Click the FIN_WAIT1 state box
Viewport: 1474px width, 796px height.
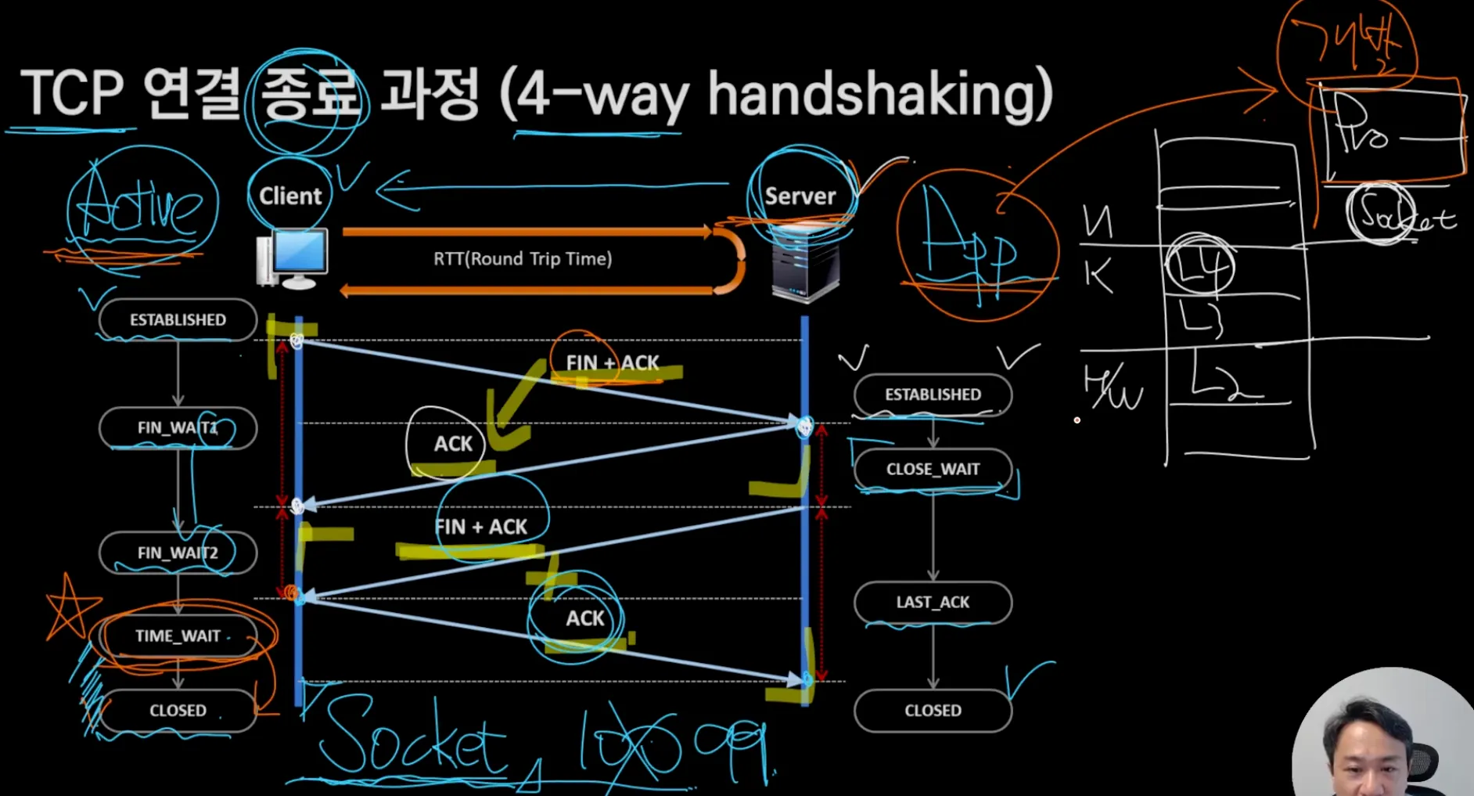(x=178, y=428)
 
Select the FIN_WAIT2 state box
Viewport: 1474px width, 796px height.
(x=178, y=553)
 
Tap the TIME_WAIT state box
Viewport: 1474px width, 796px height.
(x=178, y=636)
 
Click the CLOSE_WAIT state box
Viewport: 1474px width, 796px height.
(x=933, y=469)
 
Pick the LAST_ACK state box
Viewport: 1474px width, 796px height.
(x=933, y=602)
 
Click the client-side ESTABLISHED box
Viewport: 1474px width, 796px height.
(x=178, y=319)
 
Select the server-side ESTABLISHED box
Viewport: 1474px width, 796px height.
(x=933, y=394)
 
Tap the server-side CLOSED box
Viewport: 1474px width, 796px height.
(x=933, y=711)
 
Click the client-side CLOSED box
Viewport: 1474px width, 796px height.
(x=178, y=711)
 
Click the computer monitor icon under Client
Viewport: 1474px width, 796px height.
(x=293, y=259)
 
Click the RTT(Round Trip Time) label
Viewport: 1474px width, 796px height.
(x=523, y=259)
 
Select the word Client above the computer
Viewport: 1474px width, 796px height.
(x=290, y=196)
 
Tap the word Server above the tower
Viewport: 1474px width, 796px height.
(x=800, y=196)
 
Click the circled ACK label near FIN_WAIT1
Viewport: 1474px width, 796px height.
(x=453, y=444)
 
